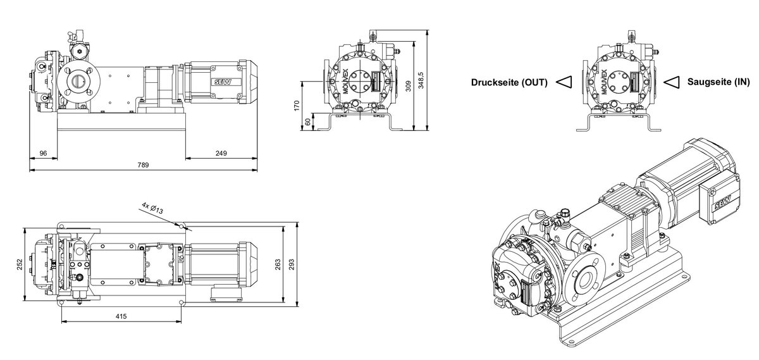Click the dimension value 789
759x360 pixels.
[x=143, y=165]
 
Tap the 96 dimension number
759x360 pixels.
[x=44, y=153]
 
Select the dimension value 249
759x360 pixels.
[x=221, y=153]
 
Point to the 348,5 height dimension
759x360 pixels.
[x=421, y=80]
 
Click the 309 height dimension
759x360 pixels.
[x=409, y=86]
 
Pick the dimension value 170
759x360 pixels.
[x=297, y=106]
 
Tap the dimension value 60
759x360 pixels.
[x=308, y=122]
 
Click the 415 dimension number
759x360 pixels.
[x=121, y=316]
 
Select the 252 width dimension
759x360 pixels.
[x=20, y=264]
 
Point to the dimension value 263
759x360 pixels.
[x=278, y=264]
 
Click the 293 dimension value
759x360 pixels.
[x=292, y=264]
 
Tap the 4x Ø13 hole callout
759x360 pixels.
[x=152, y=208]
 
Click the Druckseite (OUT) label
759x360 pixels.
[x=509, y=82]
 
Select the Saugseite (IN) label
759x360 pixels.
[x=719, y=82]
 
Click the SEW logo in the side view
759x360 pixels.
[x=223, y=82]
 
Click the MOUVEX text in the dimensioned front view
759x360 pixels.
[x=346, y=82]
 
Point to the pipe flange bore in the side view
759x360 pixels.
[x=78, y=81]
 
